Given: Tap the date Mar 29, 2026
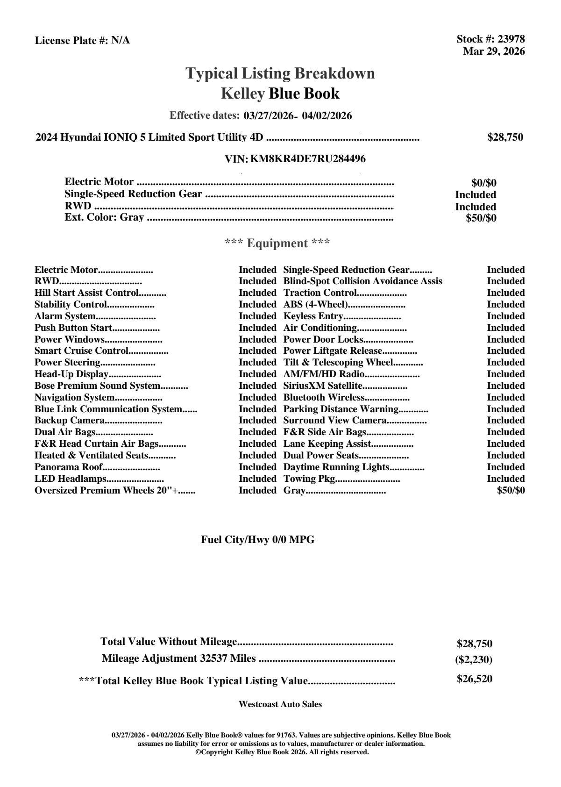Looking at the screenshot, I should point(494,51).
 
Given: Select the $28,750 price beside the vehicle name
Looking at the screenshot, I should point(505,137).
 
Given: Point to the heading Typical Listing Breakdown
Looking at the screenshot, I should point(280,73).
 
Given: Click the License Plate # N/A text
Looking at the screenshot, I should point(82,41).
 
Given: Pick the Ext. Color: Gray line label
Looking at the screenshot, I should point(104,217).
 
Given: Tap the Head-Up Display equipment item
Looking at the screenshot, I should point(71,374).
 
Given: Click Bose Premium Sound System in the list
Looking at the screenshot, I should point(97,386).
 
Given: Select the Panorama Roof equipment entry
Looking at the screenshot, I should point(68,467).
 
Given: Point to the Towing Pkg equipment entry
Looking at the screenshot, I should point(309,479).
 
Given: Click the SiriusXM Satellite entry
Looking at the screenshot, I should point(323,386).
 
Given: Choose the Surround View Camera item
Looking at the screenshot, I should point(334,421).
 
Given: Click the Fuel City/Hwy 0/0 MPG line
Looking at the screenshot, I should point(257,540).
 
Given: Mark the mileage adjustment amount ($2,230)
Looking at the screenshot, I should point(474,660).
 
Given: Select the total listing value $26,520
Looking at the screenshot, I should point(474,679).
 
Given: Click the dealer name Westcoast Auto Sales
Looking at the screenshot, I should point(280,704).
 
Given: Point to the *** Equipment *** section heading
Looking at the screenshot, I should point(277,243).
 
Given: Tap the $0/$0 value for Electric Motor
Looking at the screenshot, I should point(483,183).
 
